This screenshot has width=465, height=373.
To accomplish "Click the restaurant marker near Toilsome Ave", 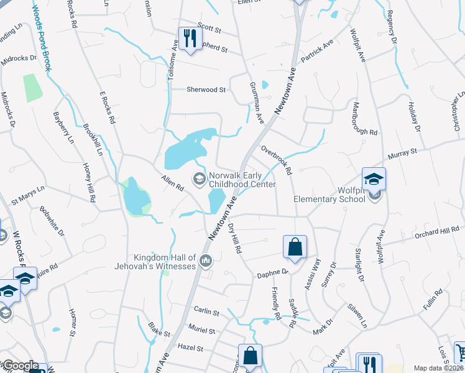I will tap(187, 39).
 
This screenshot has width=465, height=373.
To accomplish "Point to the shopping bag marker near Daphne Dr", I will tap(294, 247).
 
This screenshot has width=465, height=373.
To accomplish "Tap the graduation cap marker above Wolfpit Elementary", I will tap(374, 179).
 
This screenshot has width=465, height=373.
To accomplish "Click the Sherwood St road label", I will tap(206, 90).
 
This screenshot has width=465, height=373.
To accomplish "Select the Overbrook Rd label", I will tap(277, 161).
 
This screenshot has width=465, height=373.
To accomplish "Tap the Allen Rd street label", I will tap(173, 183).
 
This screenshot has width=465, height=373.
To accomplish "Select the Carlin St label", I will tap(206, 311).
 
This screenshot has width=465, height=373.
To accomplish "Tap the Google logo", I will tap(21, 366).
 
